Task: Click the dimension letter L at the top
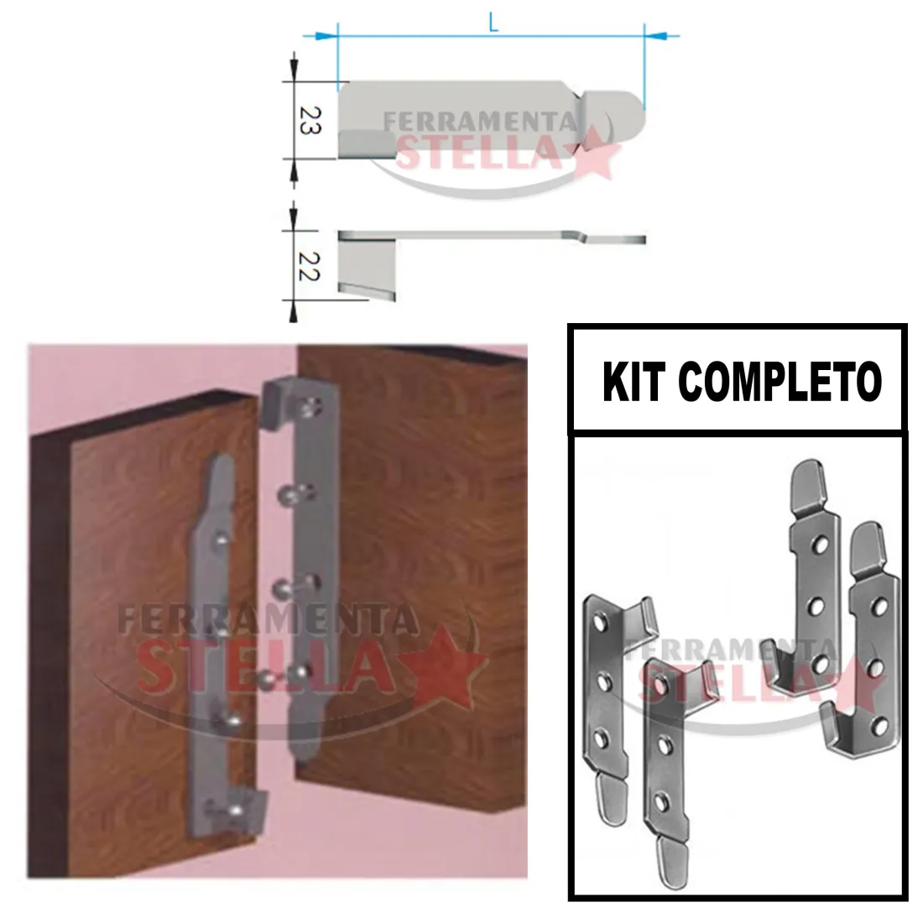(x=493, y=23)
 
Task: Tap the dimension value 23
(x=310, y=121)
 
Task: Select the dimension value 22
(x=310, y=267)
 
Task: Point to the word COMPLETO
(x=780, y=382)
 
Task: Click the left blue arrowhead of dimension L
(x=325, y=36)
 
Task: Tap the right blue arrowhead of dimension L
(x=657, y=36)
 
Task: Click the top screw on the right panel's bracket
(x=310, y=405)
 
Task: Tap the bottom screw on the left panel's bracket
(x=234, y=811)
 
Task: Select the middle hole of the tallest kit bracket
(x=815, y=605)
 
